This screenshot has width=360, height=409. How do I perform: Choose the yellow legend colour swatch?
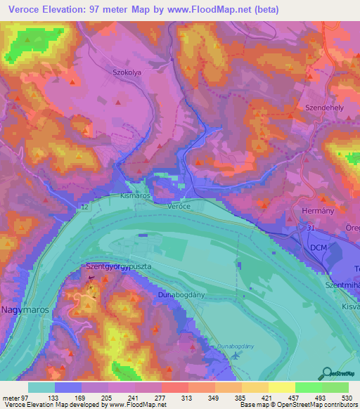pyautogui.click(x=281, y=387)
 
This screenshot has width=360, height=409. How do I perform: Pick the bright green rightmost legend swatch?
pyautogui.click(x=335, y=387)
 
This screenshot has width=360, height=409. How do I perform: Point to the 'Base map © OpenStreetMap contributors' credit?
pyautogui.click(x=297, y=405)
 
